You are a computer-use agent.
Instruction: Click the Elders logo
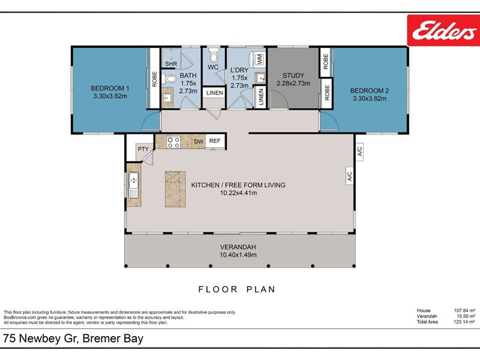coord(443,31)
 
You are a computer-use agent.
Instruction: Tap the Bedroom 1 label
coord(110,88)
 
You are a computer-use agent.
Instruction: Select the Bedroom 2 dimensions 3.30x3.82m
coord(370,98)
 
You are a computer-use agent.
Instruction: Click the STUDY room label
coord(293,76)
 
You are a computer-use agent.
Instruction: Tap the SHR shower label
coord(171,64)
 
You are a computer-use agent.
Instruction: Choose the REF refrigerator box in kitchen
coord(215,141)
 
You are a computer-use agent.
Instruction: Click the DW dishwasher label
coord(199,142)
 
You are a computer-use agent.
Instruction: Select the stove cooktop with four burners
coord(173,142)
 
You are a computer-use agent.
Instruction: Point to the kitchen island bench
coord(175,189)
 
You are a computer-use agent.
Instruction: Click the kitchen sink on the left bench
coord(134,185)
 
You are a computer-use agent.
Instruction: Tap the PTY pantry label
coord(143,149)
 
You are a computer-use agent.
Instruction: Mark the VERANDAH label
coord(238,247)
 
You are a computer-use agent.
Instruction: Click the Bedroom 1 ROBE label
coord(154,79)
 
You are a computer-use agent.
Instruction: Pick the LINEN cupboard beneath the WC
coord(214,93)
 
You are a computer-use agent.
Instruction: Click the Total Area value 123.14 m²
coord(464,322)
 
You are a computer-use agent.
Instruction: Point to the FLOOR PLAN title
coord(237,289)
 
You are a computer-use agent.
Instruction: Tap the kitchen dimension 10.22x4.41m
coord(238,193)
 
